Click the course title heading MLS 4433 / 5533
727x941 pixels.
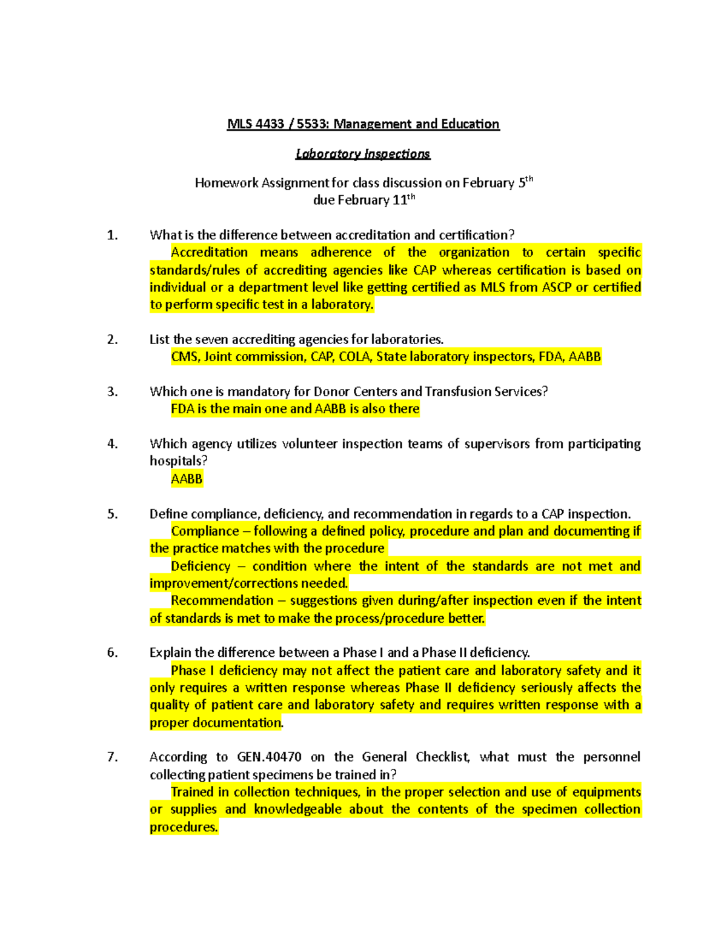tap(363, 124)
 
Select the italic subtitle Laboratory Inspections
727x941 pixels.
tap(363, 154)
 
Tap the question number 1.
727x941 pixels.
tap(112, 235)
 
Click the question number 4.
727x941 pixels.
tap(112, 444)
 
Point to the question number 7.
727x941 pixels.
tap(112, 757)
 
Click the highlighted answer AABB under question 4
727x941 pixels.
tap(187, 479)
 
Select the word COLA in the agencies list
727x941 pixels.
tap(354, 356)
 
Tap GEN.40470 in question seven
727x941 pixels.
tap(269, 757)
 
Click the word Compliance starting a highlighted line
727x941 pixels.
tap(205, 531)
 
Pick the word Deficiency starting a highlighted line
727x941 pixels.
tap(201, 566)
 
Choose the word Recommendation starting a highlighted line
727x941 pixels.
tap(222, 600)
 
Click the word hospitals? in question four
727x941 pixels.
tap(178, 461)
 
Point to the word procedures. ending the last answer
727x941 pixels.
tap(184, 827)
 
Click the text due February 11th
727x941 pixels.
tap(363, 199)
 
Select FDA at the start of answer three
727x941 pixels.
tap(182, 409)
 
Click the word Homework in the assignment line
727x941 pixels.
tap(227, 183)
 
